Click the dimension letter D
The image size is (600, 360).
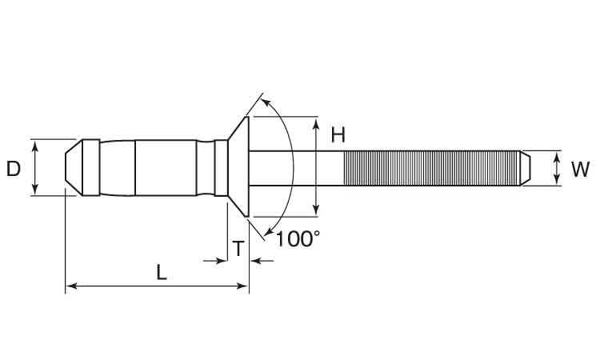14,169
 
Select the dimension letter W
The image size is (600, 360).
580,170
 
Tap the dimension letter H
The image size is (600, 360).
338,135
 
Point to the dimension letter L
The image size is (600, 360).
162,272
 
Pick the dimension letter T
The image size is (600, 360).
238,249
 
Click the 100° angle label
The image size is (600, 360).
298,239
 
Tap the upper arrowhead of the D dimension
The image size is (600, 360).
35,146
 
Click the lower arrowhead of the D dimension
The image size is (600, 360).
35,189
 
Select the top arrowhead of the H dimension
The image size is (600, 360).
316,124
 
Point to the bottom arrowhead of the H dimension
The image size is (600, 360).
316,210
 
